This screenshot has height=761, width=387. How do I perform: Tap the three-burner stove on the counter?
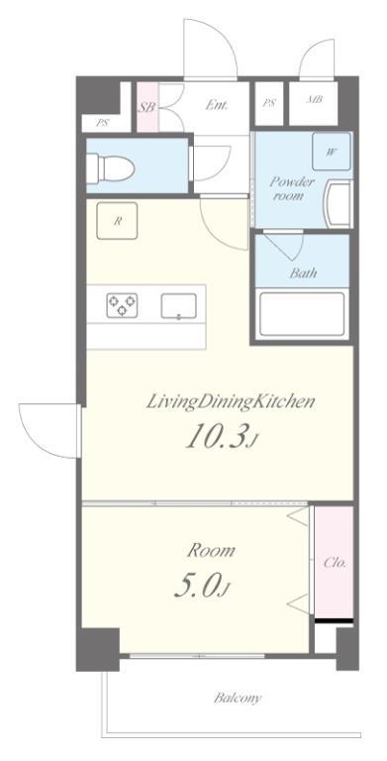coord(122,305)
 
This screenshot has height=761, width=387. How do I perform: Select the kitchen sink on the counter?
coord(179,306)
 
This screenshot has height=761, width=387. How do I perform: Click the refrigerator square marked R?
coord(117,221)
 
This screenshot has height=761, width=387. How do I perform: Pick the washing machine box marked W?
coord(332,152)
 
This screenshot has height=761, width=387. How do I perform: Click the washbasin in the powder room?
coord(339,203)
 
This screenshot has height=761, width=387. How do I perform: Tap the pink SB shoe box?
coord(147,107)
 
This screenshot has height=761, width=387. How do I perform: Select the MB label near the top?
coord(315,100)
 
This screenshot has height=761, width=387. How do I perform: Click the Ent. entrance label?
coord(217,105)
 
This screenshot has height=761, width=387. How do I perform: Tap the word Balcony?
coord(238,699)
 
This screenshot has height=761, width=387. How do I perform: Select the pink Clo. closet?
coord(334,563)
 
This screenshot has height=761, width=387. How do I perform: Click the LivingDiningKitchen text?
coord(231,401)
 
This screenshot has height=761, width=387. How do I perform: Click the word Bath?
coord(303,272)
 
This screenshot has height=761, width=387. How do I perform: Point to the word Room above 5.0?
coord(212,550)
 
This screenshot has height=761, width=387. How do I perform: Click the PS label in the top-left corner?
coord(102,123)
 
